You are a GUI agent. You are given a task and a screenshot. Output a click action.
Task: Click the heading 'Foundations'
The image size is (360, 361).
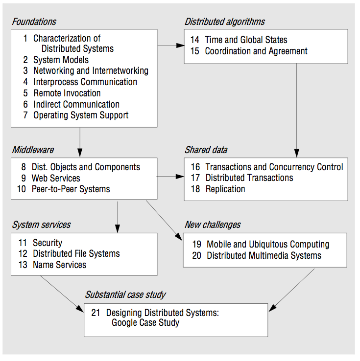[34, 22]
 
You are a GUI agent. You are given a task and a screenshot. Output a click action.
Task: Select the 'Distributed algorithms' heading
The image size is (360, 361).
[225, 22]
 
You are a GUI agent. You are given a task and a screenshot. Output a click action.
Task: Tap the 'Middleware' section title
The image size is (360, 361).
[33, 150]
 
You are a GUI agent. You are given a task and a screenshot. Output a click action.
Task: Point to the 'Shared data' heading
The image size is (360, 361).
[206, 150]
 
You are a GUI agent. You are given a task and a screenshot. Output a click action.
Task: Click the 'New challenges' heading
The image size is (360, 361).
[213, 225]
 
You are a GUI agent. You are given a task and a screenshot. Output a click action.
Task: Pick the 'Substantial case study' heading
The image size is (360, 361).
[125, 294]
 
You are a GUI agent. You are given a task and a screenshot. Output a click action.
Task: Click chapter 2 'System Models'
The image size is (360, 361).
[61, 60]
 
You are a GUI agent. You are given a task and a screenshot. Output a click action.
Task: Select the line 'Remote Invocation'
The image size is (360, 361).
[67, 93]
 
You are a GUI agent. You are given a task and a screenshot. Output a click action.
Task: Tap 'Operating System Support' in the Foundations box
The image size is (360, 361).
[81, 115]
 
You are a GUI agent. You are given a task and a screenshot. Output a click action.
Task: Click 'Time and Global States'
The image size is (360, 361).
[246, 40]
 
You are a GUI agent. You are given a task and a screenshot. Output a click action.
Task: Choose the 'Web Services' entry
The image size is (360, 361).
[56, 178]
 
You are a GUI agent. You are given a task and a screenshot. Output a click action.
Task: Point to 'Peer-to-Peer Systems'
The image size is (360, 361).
[71, 189]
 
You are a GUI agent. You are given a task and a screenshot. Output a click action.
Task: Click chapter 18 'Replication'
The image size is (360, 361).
[225, 189]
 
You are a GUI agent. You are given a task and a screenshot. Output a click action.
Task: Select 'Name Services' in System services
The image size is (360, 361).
[60, 265]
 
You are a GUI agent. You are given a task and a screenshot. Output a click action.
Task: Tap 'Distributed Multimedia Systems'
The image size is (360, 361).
[264, 255]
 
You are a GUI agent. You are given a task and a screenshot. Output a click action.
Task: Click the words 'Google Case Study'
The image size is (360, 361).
[145, 322]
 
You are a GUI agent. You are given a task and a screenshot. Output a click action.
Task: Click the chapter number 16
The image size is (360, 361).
[195, 167]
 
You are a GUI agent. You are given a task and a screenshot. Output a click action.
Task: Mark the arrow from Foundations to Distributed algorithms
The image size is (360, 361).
[171, 45]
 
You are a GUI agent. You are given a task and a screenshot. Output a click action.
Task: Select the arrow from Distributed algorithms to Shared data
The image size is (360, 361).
[297, 111]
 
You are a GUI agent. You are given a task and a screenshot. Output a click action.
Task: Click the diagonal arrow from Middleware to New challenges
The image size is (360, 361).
[164, 221]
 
